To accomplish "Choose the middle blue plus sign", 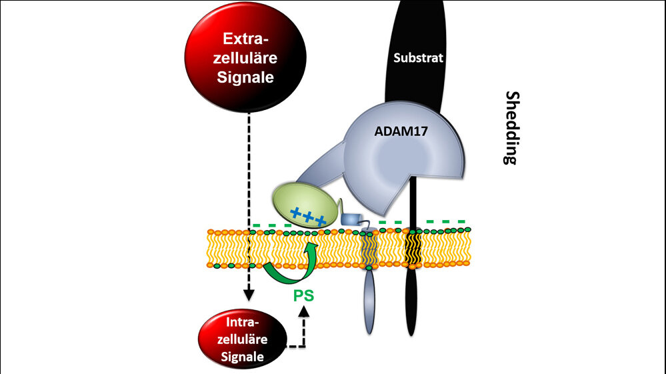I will (x=308, y=216).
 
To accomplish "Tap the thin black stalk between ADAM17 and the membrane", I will (x=413, y=200).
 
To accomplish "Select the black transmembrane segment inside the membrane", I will (x=413, y=247).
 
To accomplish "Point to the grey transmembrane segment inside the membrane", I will (x=369, y=249).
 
